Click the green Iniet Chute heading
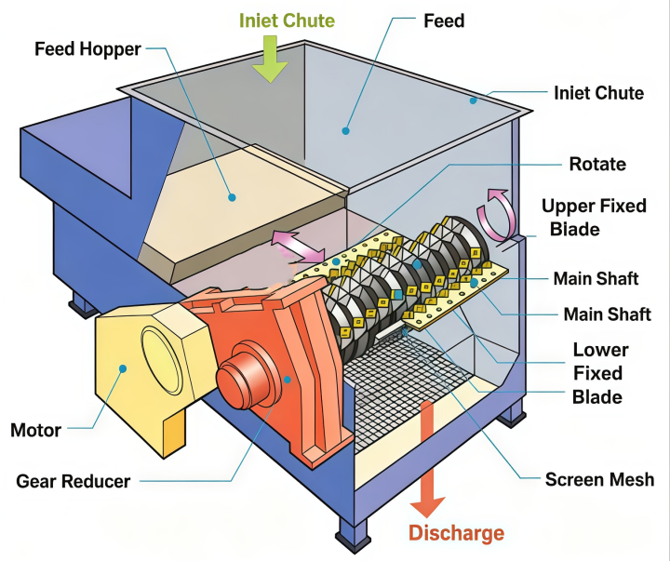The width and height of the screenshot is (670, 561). [287, 20]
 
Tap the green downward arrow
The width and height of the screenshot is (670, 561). [269, 59]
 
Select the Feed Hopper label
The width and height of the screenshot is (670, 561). [87, 48]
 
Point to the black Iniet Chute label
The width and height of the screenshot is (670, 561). [598, 93]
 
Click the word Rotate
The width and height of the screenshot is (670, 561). [597, 164]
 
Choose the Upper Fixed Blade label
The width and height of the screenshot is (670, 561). [594, 218]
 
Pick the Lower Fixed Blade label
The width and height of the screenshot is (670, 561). [599, 373]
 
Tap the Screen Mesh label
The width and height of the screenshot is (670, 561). [599, 479]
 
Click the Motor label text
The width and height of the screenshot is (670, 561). [36, 430]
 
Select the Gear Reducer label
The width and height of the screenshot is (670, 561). [74, 481]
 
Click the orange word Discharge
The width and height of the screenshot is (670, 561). [456, 533]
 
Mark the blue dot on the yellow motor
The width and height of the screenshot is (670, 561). [123, 368]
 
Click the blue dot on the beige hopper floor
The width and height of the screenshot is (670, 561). [232, 197]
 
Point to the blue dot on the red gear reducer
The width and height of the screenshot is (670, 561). [288, 379]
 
